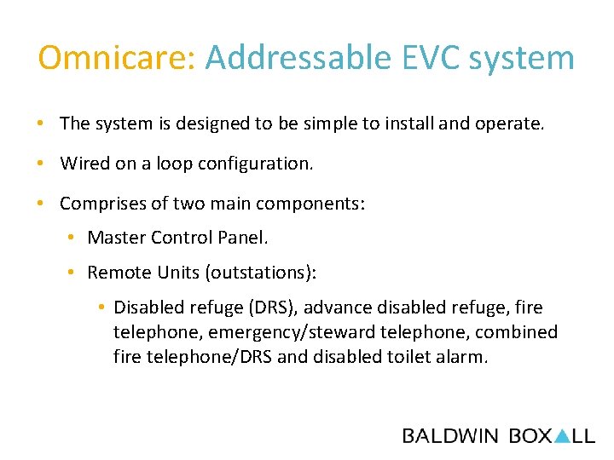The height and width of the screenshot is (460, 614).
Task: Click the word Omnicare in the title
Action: pyautogui.click(x=117, y=58)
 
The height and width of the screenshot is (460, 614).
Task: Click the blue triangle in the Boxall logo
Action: pyautogui.click(x=562, y=436)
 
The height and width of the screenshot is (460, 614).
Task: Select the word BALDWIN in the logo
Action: pyautogui.click(x=450, y=436)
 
